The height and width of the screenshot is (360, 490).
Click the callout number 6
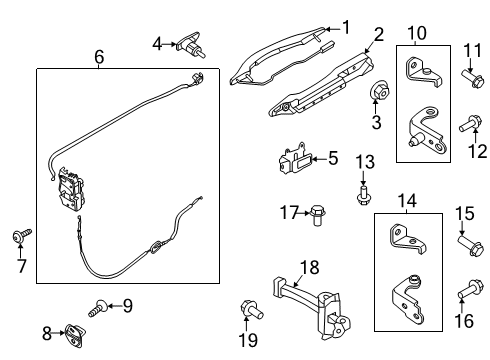(98, 58)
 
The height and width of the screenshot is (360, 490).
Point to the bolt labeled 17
(318, 214)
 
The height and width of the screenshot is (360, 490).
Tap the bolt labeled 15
(466, 243)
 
